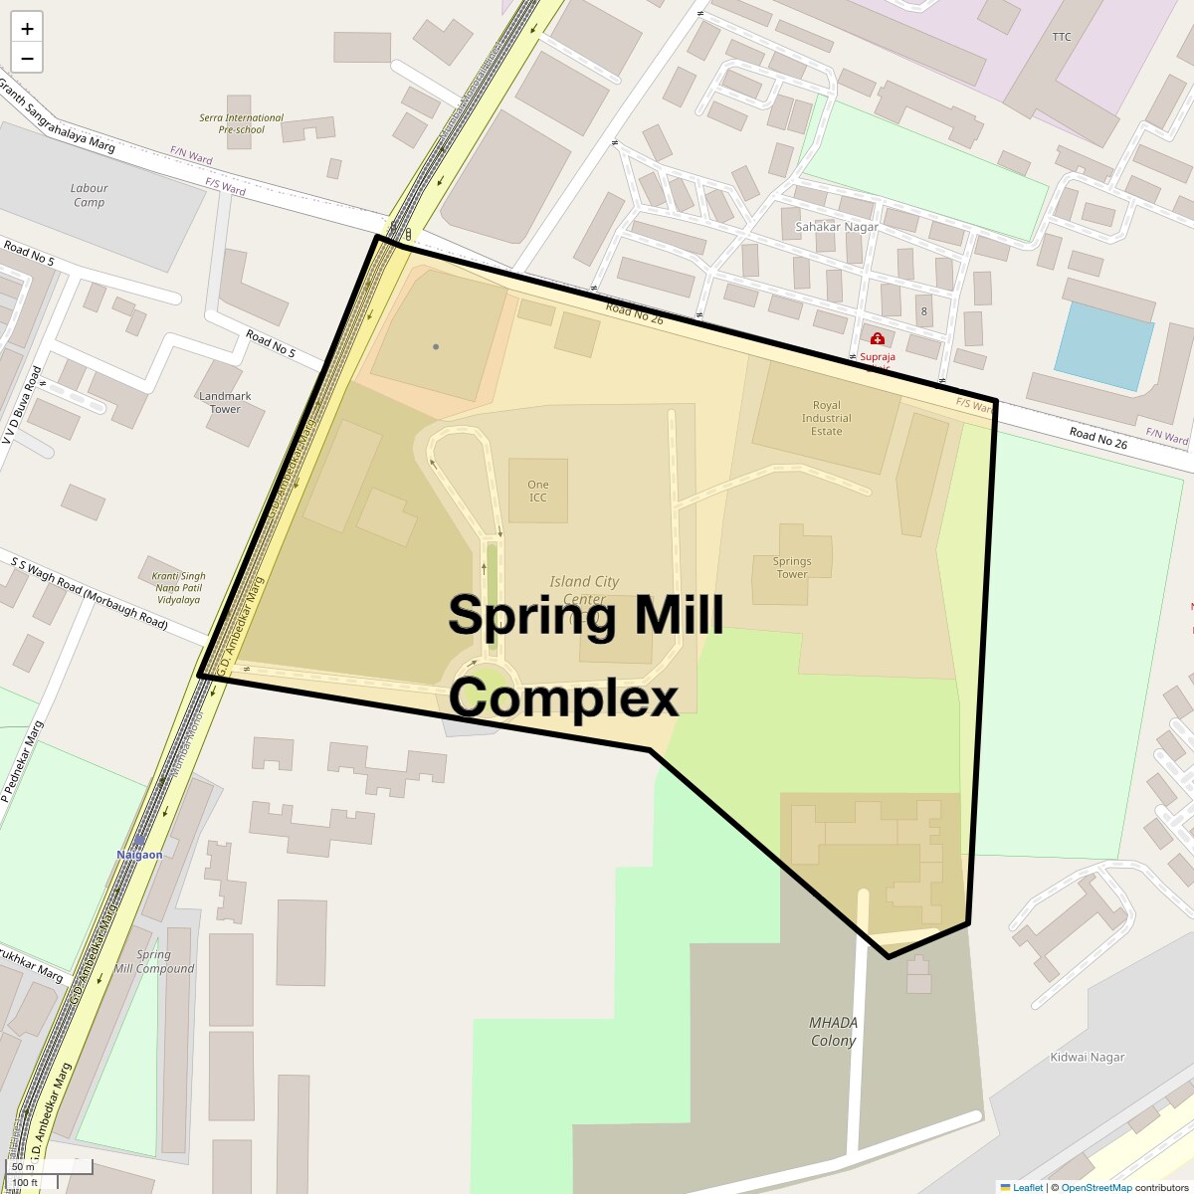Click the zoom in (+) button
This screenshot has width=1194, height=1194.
(27, 29)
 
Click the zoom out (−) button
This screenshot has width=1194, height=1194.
(27, 59)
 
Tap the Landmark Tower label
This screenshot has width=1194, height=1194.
(225, 402)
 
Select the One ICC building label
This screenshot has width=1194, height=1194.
(538, 492)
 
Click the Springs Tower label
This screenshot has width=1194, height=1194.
(792, 567)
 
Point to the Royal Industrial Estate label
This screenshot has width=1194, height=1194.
(826, 418)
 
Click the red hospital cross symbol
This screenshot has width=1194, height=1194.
(878, 339)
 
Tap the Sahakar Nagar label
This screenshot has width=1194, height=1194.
(837, 227)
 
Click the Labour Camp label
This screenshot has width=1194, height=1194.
(90, 195)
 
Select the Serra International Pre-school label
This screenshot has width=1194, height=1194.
(241, 123)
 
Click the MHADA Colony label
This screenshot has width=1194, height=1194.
(833, 1032)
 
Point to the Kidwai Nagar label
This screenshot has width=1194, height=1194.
(1088, 1058)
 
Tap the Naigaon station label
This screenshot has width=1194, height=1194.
(139, 855)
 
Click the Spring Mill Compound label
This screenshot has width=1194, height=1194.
(154, 961)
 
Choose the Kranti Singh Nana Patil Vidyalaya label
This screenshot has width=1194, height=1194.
(178, 588)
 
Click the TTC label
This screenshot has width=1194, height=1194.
(1062, 37)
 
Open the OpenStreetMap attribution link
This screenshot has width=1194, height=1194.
(1095, 1187)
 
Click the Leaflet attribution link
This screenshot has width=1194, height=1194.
(1028, 1187)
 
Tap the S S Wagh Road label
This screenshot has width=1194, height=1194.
(90, 593)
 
